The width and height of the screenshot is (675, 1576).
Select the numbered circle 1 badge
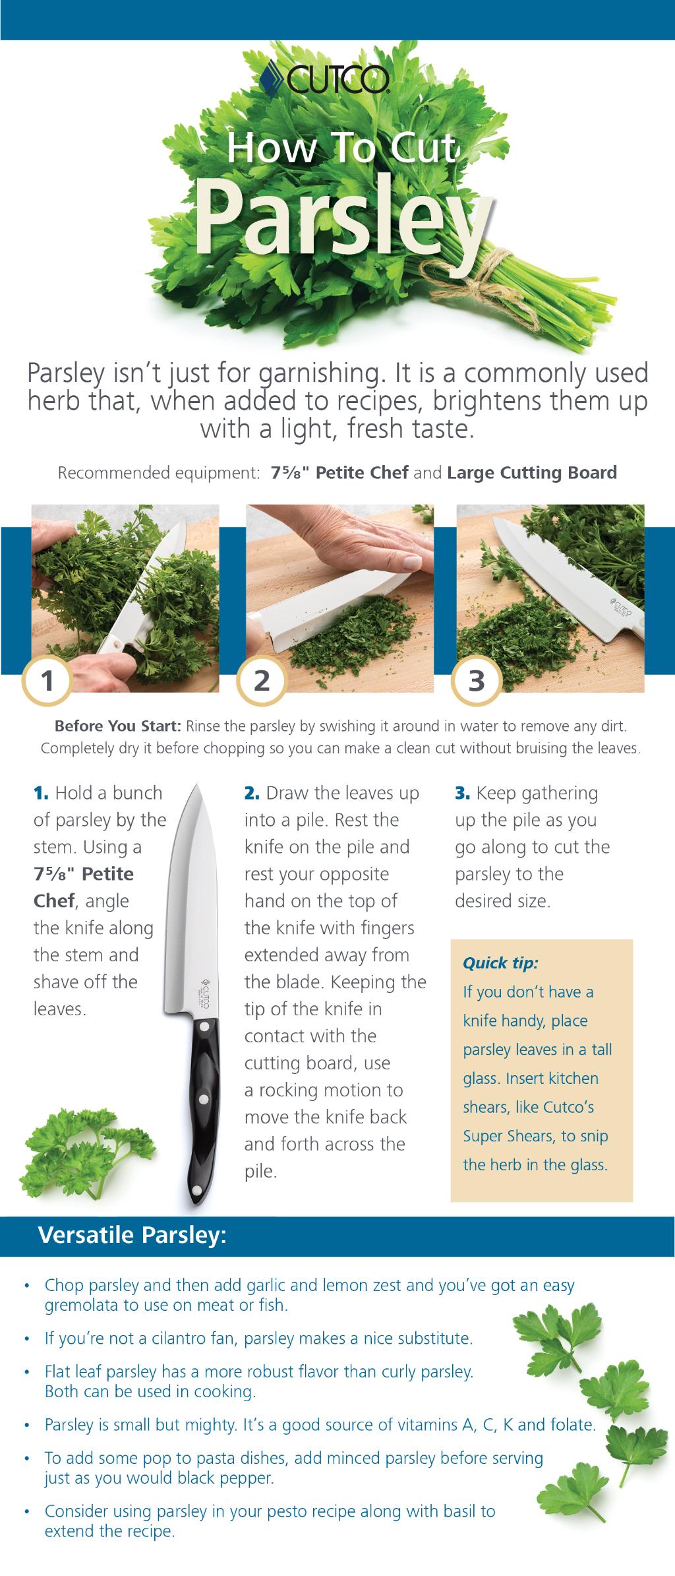pos(47,680)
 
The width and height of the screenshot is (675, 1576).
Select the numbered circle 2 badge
pos(262,680)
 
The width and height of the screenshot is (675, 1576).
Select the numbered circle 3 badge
pos(476,680)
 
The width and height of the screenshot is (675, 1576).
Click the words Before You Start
pos(117,726)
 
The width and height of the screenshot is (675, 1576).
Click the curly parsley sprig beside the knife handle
pos(86,1148)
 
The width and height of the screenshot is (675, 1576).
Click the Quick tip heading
pos(500,963)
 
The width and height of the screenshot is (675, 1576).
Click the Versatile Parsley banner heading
pos(132,1235)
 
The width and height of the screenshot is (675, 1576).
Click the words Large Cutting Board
pos(532,473)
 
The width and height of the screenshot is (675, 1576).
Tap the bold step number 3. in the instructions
pos(462,793)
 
